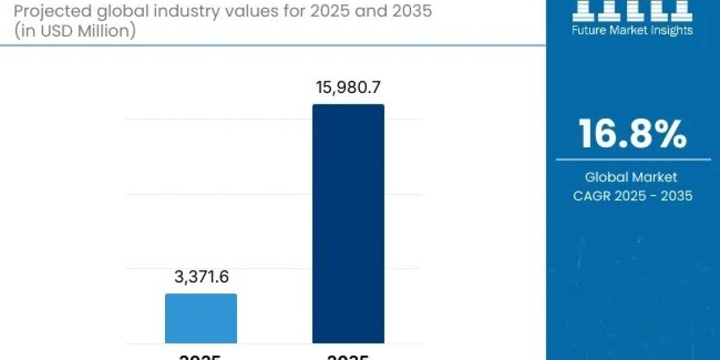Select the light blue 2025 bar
(x=201, y=318)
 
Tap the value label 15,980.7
(x=348, y=88)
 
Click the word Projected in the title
(x=42, y=11)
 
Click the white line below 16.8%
(x=633, y=160)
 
